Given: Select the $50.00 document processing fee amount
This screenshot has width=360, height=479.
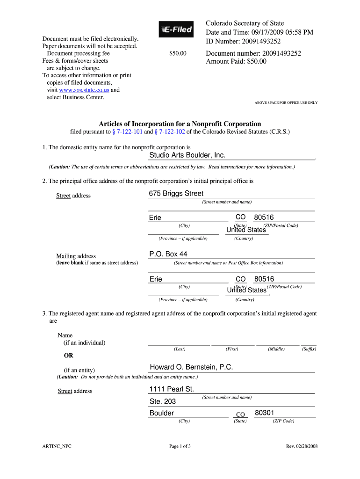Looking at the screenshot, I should tap(178, 54).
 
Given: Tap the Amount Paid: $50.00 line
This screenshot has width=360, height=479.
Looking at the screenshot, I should tap(236, 61).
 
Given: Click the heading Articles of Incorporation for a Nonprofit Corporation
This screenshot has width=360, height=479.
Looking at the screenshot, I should tap(180, 123).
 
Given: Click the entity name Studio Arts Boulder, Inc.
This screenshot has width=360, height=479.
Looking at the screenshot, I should tap(187, 155).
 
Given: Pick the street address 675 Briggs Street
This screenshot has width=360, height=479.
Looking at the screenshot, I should tap(176, 193).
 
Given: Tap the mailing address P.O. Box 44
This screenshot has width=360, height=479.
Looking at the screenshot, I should tap(168, 254).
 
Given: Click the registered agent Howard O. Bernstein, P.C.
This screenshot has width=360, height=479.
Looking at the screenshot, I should tap(191, 367).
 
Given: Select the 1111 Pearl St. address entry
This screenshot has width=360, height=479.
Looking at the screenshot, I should tap(171, 389).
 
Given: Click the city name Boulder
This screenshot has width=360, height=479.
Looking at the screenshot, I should tap(162, 413).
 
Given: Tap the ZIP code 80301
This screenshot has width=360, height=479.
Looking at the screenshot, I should tap(264, 413).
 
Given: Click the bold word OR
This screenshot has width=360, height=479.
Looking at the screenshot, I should tap(68, 356).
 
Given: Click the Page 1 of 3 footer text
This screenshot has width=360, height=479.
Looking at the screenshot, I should tap(180, 446).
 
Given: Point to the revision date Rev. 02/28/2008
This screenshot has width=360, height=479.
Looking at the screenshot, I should tap(302, 446).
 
